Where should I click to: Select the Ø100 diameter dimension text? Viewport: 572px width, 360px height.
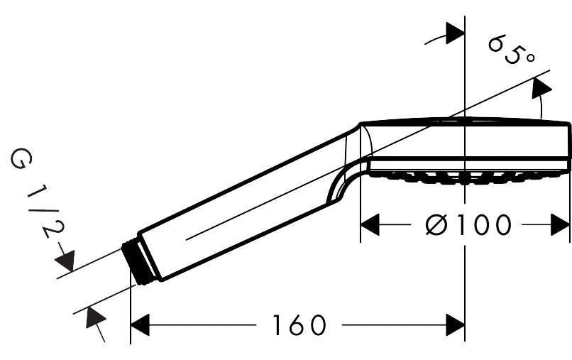pyautogui.click(x=468, y=224)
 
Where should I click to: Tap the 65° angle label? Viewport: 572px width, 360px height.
pyautogui.click(x=512, y=50)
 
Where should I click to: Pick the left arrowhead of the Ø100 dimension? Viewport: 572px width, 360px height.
pyautogui.click(x=370, y=224)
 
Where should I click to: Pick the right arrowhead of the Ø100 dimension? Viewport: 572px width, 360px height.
pyautogui.click(x=560, y=224)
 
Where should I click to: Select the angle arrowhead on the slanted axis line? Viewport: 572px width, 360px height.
pyautogui.click(x=541, y=87)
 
